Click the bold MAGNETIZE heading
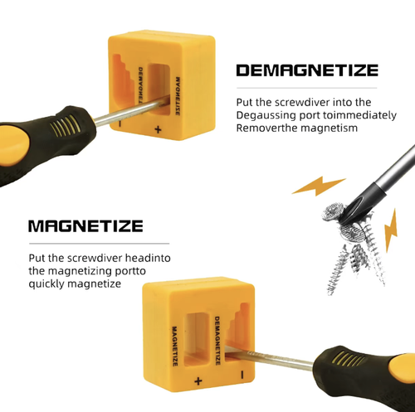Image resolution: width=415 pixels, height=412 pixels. pos(85,225)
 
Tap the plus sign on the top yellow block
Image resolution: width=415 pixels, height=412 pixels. pos(159,130)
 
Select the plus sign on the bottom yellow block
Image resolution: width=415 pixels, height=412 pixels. pos(198,380)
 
